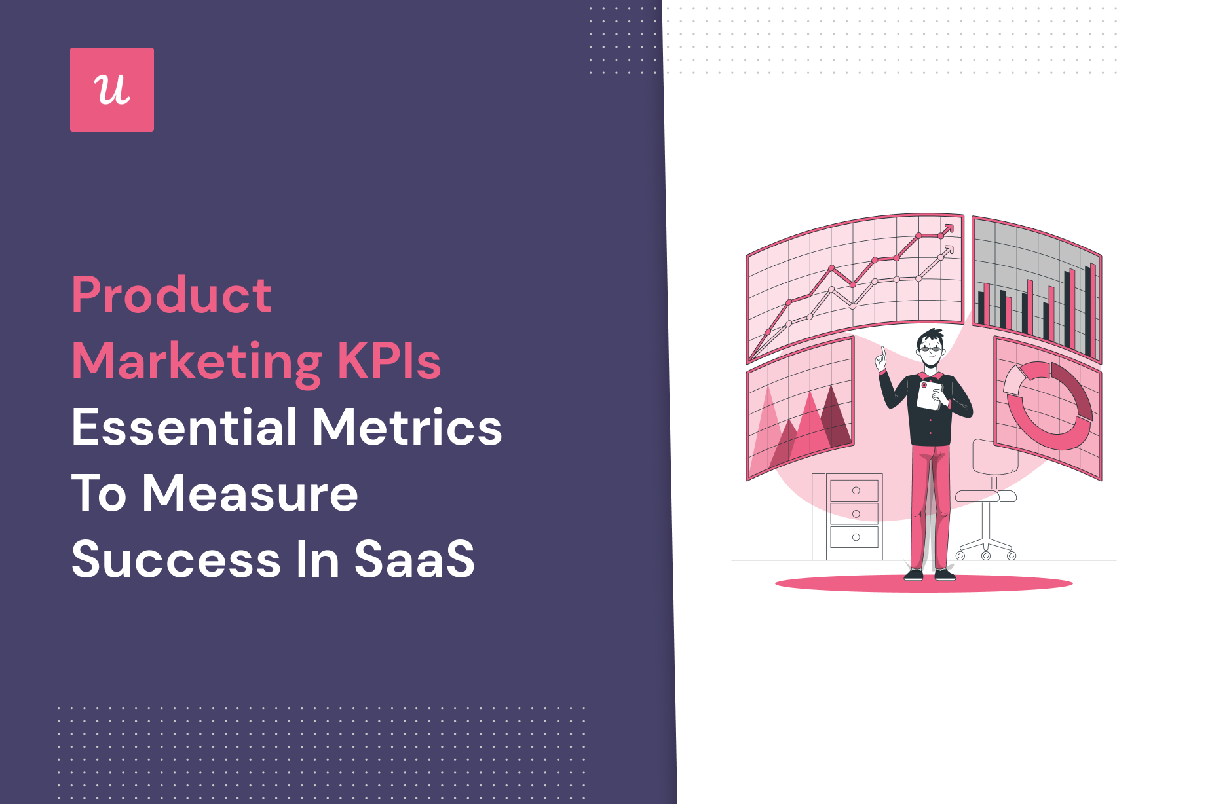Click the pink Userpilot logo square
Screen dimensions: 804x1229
(x=112, y=90)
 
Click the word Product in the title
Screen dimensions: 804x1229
(x=172, y=295)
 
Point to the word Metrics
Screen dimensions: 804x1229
(x=407, y=427)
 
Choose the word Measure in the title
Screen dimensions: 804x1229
(x=250, y=494)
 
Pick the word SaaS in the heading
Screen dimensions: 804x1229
(x=414, y=560)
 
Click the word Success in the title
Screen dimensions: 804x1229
(x=176, y=560)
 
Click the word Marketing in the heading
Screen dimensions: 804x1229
(x=197, y=362)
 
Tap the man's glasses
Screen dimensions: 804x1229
(x=930, y=348)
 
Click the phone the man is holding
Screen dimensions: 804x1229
(x=928, y=396)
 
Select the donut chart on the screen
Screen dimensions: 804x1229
(x=1048, y=406)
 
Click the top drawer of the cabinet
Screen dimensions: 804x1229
(x=855, y=490)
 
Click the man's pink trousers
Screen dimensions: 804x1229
(x=930, y=504)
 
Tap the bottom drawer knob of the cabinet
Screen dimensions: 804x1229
(x=856, y=537)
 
